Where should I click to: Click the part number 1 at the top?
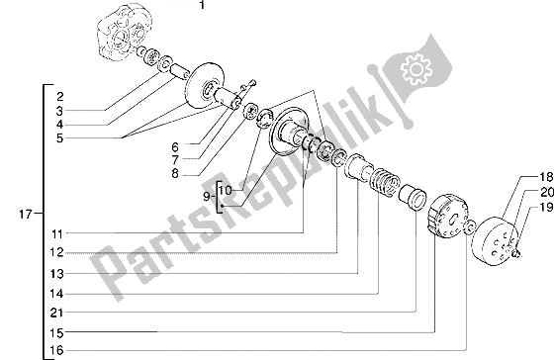(x=202, y=5)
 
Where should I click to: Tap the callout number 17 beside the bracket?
(x=26, y=214)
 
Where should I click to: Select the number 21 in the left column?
(x=57, y=313)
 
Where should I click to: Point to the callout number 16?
(x=57, y=350)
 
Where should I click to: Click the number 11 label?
(x=57, y=233)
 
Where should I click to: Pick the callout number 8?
(x=175, y=174)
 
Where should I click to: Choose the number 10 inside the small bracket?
(x=226, y=191)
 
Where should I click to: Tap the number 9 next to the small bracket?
(x=207, y=197)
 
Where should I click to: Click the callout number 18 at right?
(x=545, y=177)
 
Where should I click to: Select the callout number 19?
(x=546, y=208)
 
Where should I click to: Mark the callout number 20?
(x=546, y=192)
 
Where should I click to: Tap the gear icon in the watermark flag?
(x=416, y=68)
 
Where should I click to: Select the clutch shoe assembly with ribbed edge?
(x=448, y=218)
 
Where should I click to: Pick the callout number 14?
(x=57, y=294)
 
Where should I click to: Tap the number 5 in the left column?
(x=59, y=138)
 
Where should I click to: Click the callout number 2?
(x=59, y=97)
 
